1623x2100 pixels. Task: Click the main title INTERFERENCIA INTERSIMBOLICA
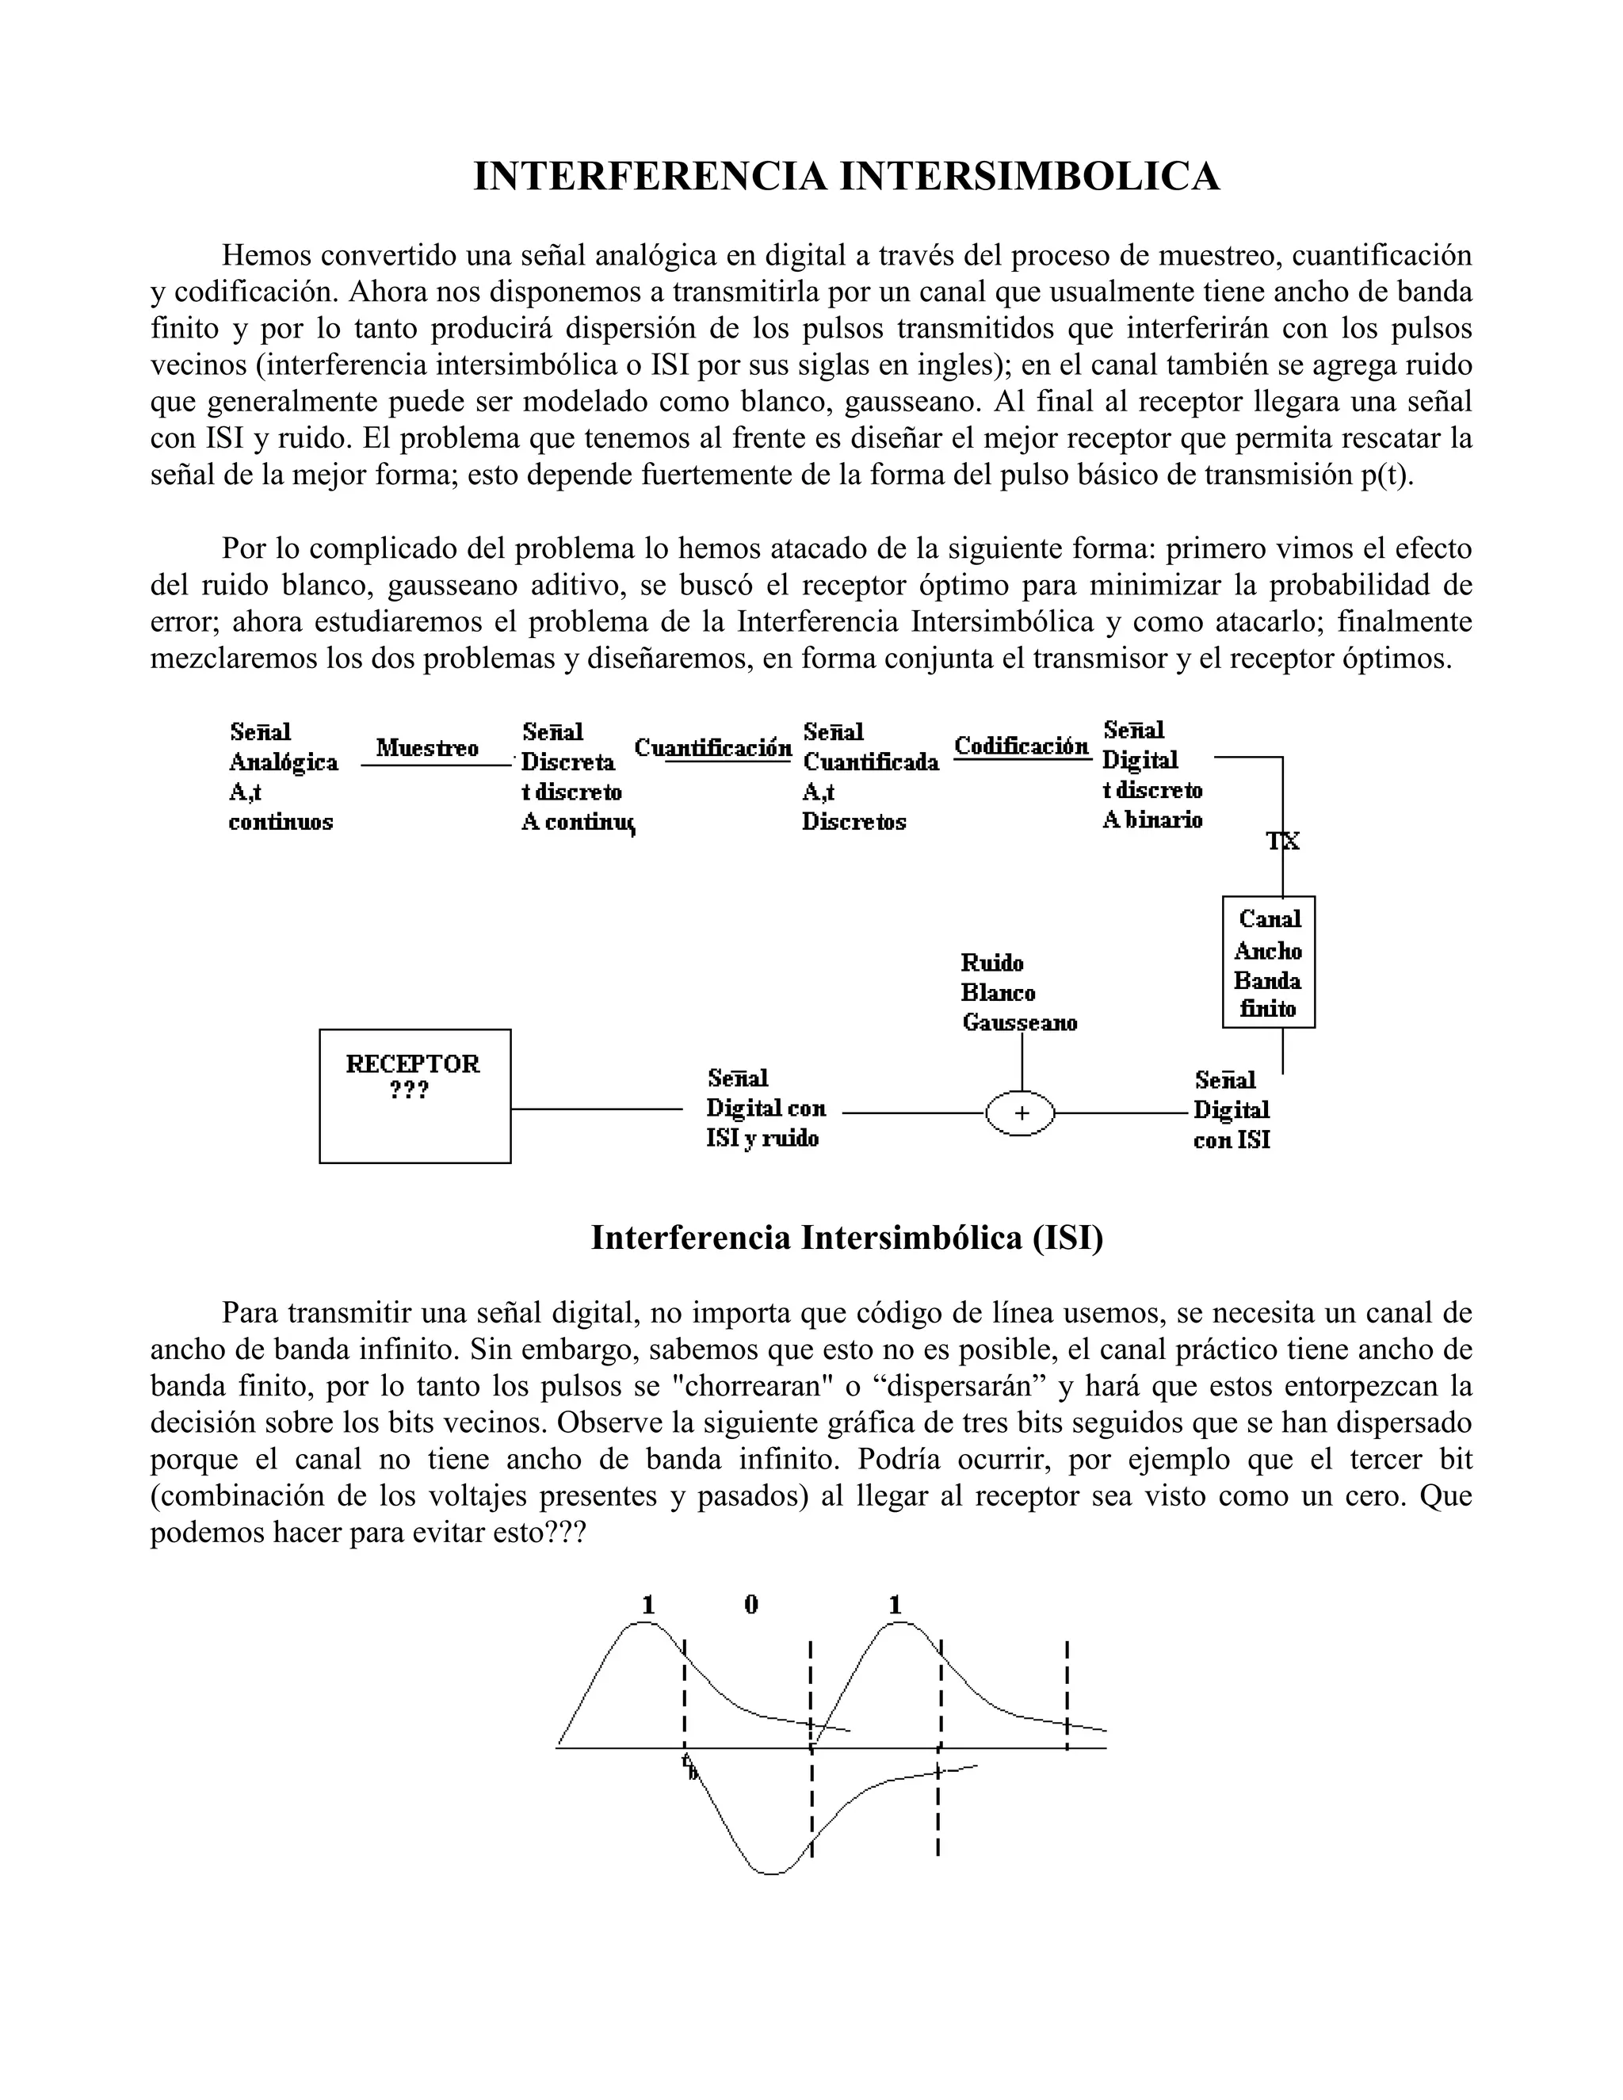pos(846,177)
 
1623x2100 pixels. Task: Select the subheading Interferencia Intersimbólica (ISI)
pos(846,1238)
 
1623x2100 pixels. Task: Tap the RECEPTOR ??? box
pos(414,1095)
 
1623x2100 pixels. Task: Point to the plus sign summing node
pos(1021,1113)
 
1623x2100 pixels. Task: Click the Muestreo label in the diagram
pos(427,748)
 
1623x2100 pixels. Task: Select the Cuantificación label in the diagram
pos(713,747)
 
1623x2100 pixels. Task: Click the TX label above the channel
pos(1283,842)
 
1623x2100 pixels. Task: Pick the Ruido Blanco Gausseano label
pos(1018,993)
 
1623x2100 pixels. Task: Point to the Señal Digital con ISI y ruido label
pos(766,1109)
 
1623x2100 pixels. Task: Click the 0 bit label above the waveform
pos(751,1605)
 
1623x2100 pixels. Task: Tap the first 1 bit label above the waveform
pos(649,1605)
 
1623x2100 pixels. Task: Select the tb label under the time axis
pos(689,1766)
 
